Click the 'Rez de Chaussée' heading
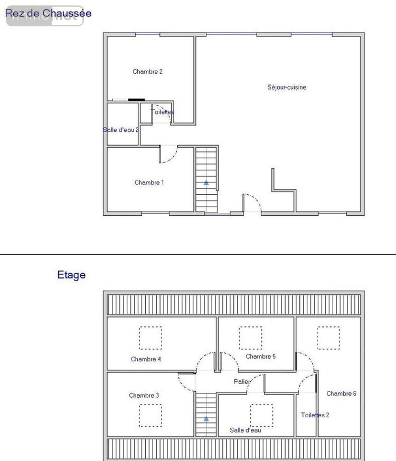click(48, 14)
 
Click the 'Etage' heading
click(71, 275)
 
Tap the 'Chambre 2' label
click(147, 72)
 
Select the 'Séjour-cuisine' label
click(287, 88)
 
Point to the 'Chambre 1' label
click(149, 183)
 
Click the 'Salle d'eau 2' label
click(121, 130)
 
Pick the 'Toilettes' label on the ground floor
click(162, 112)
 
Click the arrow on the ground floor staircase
click(206, 183)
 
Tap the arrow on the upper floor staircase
click(206, 418)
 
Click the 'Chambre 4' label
click(146, 359)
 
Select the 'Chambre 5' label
click(261, 357)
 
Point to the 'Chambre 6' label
click(341, 393)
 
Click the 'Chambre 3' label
click(144, 395)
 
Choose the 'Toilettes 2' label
click(315, 415)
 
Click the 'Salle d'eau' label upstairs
click(246, 430)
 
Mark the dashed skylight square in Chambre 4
click(150, 338)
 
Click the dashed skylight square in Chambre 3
click(150, 416)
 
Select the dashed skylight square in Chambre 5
click(250, 338)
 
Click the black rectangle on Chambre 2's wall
click(136, 99)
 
